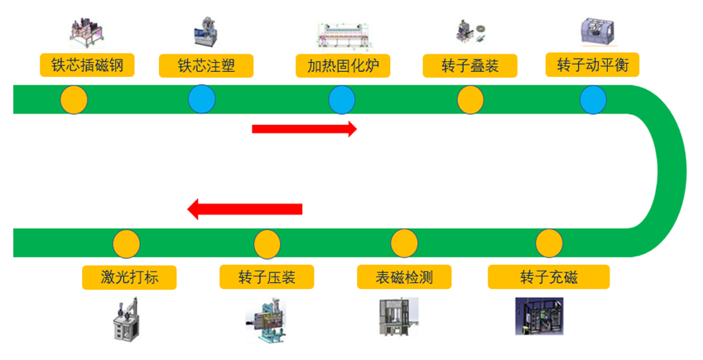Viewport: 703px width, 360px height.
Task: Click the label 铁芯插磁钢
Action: (87, 65)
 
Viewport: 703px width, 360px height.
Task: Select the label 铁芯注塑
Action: (205, 65)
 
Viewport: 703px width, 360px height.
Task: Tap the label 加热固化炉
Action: (343, 65)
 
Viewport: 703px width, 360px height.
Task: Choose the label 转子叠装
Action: (469, 65)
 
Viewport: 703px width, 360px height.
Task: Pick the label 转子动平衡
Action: (593, 65)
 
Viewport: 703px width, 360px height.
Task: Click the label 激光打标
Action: (130, 276)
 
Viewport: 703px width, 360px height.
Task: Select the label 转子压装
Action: (267, 276)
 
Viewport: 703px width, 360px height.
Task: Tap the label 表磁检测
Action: (404, 276)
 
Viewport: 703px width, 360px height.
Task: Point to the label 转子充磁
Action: (548, 276)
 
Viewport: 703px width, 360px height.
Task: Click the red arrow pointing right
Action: (304, 128)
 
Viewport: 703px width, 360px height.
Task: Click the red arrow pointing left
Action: (245, 209)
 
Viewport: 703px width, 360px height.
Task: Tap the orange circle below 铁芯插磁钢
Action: (74, 100)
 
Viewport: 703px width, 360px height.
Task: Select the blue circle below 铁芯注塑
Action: (201, 100)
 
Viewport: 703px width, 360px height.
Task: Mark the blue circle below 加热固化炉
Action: (341, 100)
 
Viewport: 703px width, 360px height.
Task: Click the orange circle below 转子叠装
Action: (470, 100)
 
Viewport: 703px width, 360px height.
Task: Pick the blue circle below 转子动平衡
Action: (593, 100)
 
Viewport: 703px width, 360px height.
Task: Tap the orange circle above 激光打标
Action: (126, 244)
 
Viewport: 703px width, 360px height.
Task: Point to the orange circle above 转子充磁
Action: (548, 244)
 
